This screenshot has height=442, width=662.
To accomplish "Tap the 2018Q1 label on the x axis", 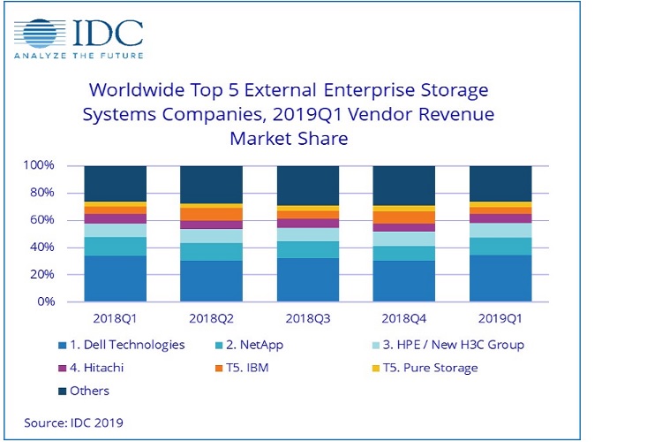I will click(x=115, y=317).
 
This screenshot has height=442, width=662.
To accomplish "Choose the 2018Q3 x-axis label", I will click(x=307, y=317).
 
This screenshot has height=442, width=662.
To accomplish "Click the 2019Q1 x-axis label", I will click(x=500, y=317).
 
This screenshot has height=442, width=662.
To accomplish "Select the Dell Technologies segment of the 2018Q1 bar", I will click(x=115, y=278).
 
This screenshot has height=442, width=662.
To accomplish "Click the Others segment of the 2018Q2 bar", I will click(x=211, y=184).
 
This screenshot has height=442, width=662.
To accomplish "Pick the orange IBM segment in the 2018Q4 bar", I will click(x=403, y=217).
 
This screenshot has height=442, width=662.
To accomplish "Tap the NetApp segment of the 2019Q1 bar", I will click(x=500, y=246).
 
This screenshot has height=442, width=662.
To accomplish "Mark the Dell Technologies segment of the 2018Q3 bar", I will click(x=307, y=279).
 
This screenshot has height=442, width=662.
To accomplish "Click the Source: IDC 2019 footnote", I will click(x=74, y=423).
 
